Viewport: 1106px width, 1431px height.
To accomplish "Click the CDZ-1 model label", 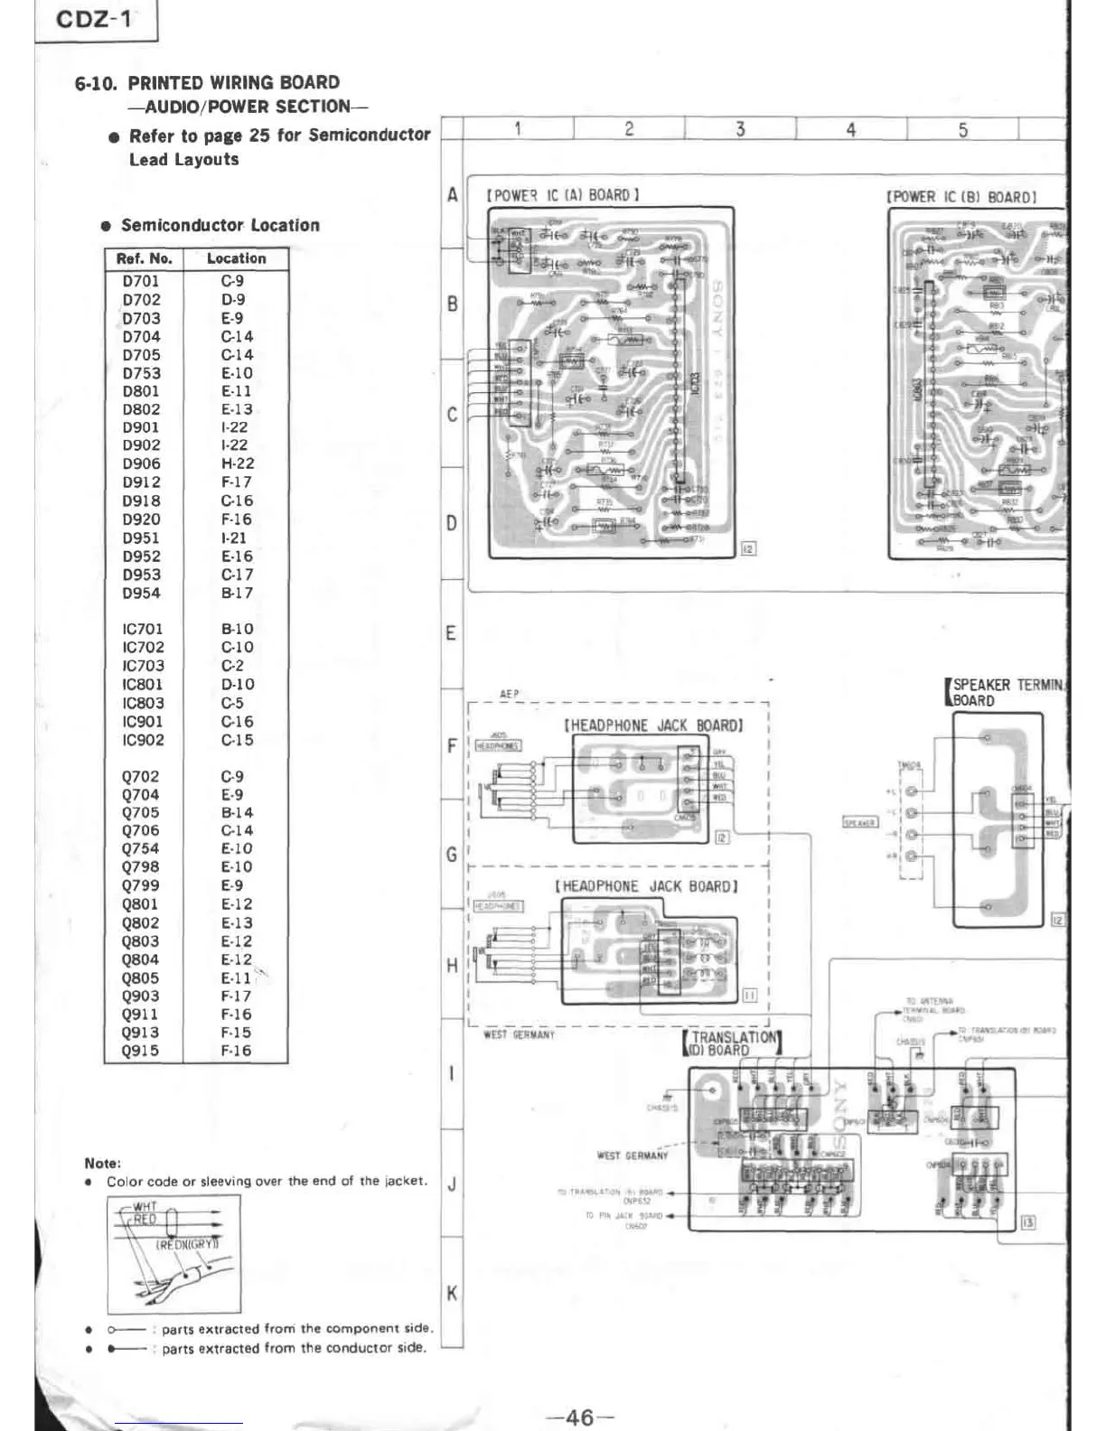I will (x=94, y=20).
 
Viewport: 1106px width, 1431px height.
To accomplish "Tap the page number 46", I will (x=579, y=1417).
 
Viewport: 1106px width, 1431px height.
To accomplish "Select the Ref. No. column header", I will (x=145, y=258).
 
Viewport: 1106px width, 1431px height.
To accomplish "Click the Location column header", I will (x=236, y=258).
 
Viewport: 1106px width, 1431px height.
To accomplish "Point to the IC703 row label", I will (x=143, y=666).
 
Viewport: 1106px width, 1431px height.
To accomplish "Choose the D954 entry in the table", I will (x=141, y=594).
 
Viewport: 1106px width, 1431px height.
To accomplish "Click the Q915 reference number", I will (x=140, y=1051).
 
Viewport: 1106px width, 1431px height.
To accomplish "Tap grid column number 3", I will (x=740, y=129).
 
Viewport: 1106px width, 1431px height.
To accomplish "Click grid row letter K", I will (x=452, y=1294).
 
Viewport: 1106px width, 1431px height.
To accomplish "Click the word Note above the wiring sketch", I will (x=102, y=1163).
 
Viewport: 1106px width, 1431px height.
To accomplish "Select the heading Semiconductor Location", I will (x=220, y=225).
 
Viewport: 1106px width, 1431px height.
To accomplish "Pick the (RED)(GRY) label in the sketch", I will (x=187, y=1244).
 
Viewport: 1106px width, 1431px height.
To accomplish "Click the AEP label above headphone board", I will (x=510, y=694).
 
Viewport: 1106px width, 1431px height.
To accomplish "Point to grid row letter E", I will (x=451, y=633).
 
